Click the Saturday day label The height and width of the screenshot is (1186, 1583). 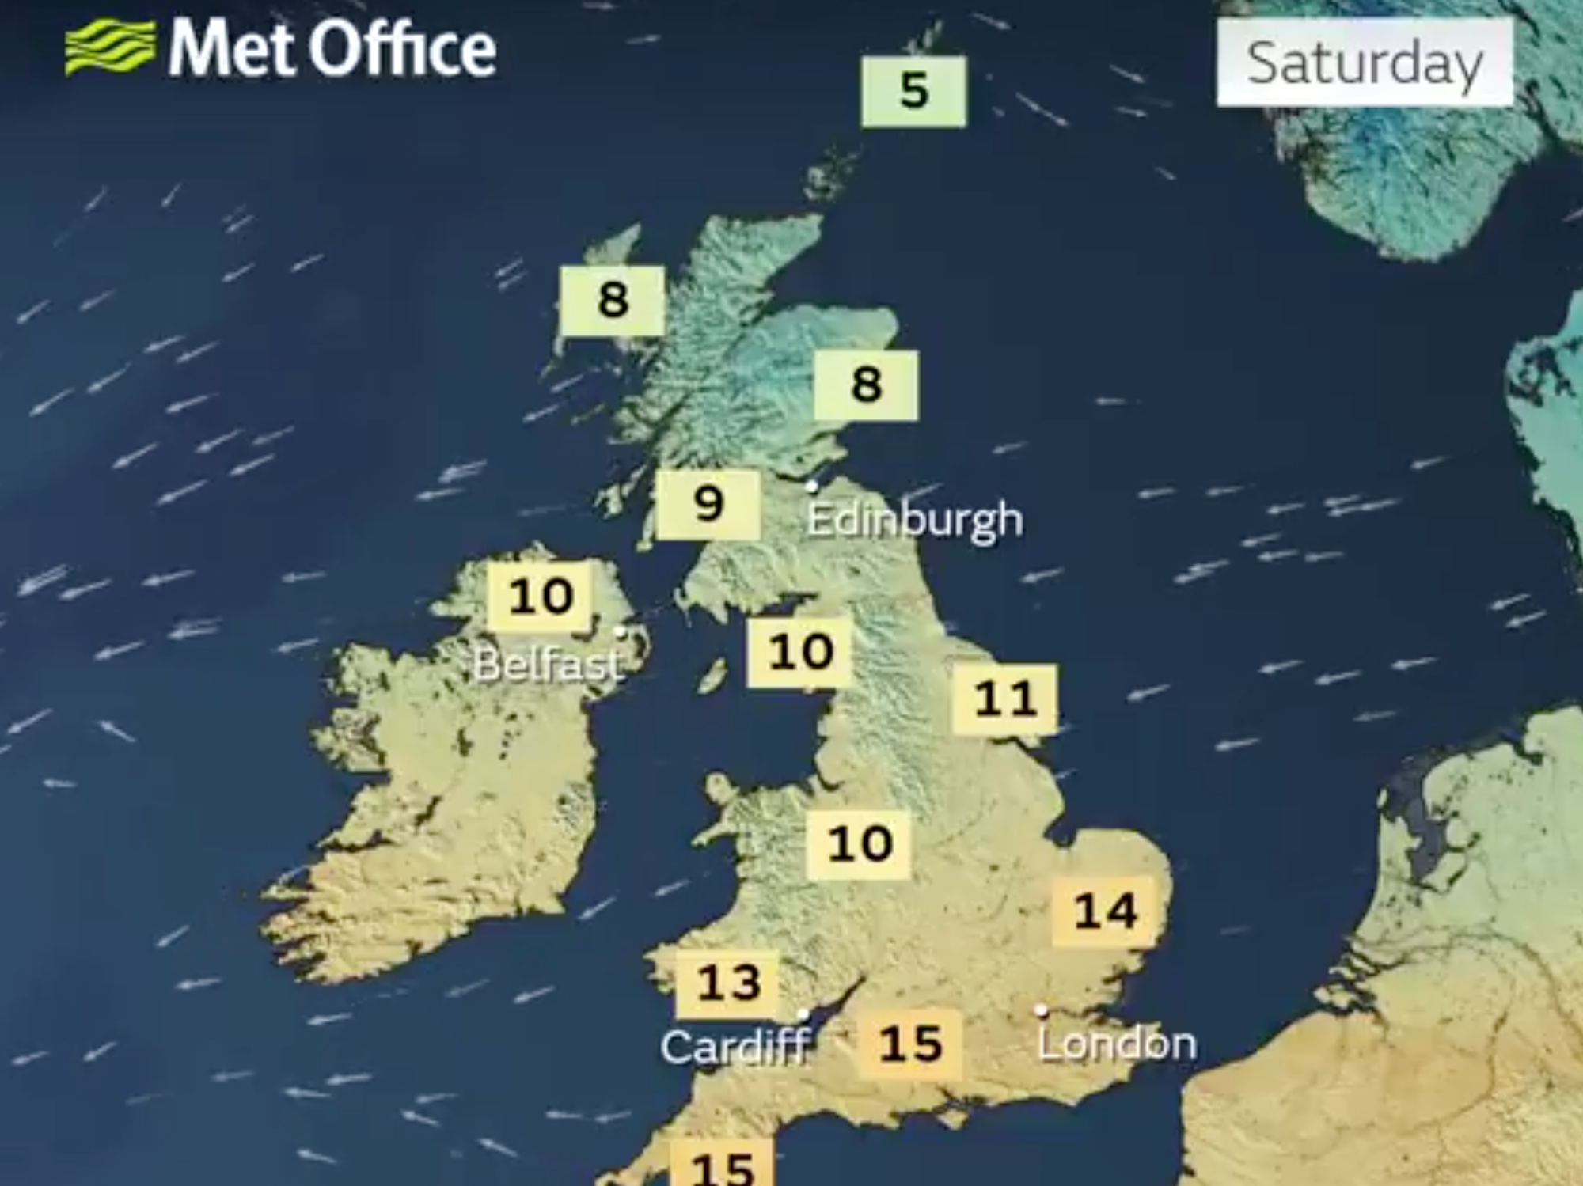point(1365,63)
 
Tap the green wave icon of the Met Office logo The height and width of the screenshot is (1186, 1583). point(110,47)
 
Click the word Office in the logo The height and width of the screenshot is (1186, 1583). point(402,49)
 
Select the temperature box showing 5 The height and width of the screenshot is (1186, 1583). point(914,91)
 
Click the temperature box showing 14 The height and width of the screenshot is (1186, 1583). point(1105,910)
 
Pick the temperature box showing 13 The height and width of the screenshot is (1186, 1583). point(728,983)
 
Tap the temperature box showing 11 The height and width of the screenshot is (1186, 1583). point(1004,699)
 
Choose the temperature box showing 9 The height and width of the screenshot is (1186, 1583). point(708,504)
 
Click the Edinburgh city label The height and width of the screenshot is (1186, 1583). point(915,520)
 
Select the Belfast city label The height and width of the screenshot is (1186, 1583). point(547,664)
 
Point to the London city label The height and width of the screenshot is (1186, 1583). point(1117,1043)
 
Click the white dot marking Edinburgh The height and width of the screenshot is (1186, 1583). point(811,487)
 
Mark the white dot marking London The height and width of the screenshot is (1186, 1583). point(1042,1010)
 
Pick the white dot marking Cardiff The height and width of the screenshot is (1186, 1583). point(803,1014)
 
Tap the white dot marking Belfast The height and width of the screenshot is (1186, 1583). point(621,631)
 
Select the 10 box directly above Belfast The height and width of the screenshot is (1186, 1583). point(541,596)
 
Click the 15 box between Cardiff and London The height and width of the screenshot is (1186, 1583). point(910,1044)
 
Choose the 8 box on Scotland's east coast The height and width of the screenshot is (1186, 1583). point(866,385)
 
